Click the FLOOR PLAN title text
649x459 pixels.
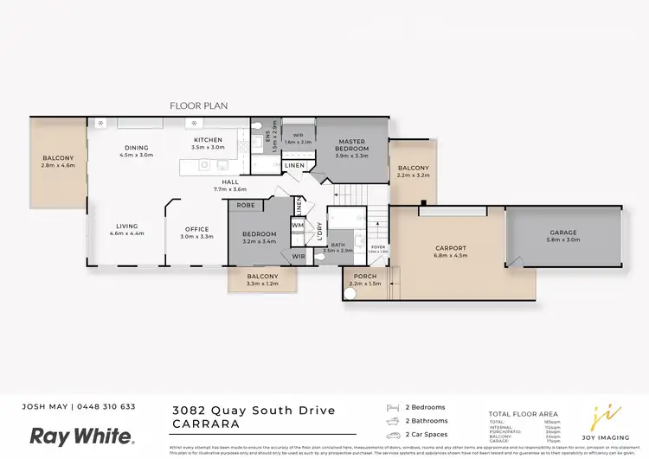point(198,105)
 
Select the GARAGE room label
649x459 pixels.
point(562,232)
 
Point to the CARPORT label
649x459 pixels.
point(450,247)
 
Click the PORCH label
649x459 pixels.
point(364,276)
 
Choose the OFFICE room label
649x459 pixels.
point(196,229)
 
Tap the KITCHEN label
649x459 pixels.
point(208,140)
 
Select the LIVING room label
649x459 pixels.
point(126,226)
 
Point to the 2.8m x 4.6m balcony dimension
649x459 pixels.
point(59,166)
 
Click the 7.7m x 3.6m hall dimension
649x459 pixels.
point(230,189)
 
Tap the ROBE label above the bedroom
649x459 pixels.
point(246,206)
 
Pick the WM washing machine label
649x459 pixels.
point(297,226)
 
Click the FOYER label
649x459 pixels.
point(377,246)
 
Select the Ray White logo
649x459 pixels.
point(82,436)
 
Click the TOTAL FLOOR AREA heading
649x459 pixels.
point(524,414)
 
